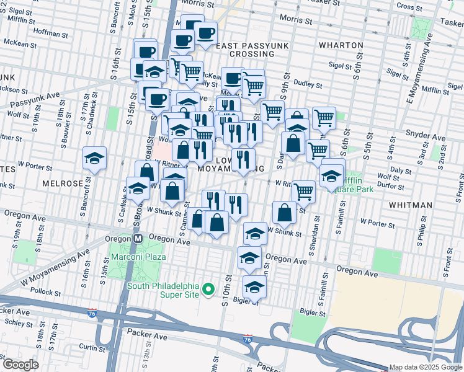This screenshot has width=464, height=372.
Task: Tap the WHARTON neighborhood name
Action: pyautogui.click(x=341, y=45)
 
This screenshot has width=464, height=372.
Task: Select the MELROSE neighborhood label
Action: pyautogui.click(x=63, y=184)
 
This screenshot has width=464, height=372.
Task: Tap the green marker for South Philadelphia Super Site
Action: pyautogui.click(x=209, y=290)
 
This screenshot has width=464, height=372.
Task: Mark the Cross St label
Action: pyautogui.click(x=409, y=7)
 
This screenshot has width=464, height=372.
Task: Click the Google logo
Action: pyautogui.click(x=20, y=365)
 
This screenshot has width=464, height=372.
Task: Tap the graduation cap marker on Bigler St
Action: pyautogui.click(x=254, y=286)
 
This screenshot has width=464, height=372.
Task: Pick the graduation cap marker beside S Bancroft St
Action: pyautogui.click(x=95, y=157)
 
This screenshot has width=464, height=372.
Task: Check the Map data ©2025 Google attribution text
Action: pyautogui.click(x=425, y=367)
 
